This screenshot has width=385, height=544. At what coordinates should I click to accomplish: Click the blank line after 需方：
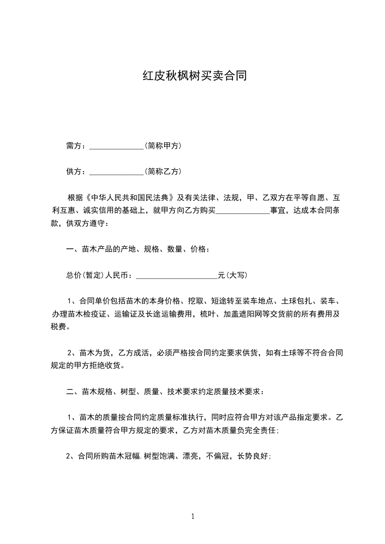pos(117,146)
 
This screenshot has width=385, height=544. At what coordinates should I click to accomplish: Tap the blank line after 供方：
pos(117,172)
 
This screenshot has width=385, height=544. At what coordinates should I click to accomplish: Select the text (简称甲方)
pos(163,145)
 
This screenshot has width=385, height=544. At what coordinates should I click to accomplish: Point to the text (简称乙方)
pos(163,171)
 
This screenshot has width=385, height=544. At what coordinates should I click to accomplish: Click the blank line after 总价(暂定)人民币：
pos(177,276)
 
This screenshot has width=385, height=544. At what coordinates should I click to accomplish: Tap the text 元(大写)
pos(233,275)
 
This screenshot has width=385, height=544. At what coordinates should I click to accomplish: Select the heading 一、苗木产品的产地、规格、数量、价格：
pos(138,250)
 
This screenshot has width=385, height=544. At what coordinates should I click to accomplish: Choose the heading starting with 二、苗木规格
pos(165,391)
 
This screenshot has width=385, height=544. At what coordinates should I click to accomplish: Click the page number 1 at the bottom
pos(193,516)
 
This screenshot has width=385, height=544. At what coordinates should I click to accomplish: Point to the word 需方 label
pos(73,146)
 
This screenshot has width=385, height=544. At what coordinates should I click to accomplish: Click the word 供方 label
pos(73,172)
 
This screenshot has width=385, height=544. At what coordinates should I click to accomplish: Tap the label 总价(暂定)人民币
pos(97,275)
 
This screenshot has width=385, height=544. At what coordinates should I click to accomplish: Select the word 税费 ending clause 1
pos(60,327)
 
